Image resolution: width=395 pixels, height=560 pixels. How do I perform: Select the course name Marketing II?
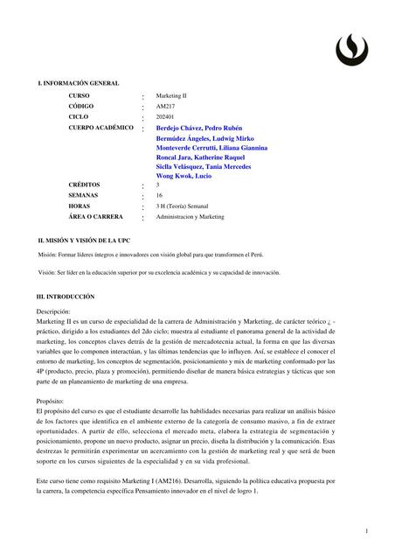(x=171, y=94)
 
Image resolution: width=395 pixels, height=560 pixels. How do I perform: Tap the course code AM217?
(x=165, y=106)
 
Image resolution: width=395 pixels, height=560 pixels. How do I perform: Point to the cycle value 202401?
(x=166, y=116)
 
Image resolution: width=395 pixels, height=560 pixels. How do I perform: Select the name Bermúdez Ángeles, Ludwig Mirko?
(x=204, y=138)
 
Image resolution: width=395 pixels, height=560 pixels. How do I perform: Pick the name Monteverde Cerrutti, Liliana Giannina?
(x=211, y=148)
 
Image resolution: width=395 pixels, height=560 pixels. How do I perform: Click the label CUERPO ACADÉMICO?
(x=101, y=128)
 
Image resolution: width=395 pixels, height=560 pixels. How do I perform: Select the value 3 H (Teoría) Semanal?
(x=185, y=206)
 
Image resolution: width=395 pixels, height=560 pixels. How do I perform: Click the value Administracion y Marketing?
(x=190, y=216)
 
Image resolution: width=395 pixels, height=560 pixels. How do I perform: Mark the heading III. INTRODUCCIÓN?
(x=71, y=297)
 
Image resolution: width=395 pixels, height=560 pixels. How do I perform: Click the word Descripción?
(x=53, y=311)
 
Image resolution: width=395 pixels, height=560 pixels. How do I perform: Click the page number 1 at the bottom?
(x=367, y=529)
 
